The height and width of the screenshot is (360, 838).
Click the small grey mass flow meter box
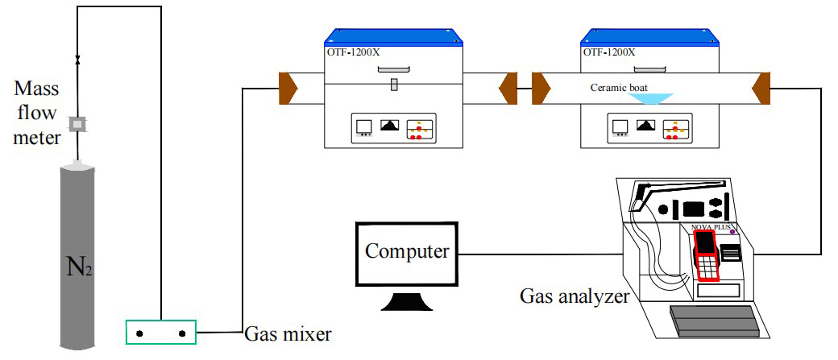pyautogui.click(x=78, y=124)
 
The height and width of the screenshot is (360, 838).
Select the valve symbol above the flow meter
pyautogui.click(x=78, y=61)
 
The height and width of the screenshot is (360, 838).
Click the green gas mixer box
pyautogui.click(x=161, y=332)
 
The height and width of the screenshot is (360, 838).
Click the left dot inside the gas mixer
pyautogui.click(x=139, y=332)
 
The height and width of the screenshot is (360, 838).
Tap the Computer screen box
pyautogui.click(x=407, y=252)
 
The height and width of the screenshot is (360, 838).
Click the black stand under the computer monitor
pyautogui.click(x=406, y=302)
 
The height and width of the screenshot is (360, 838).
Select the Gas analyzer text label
pyautogui.click(x=574, y=297)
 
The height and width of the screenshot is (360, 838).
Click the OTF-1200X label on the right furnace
pyautogui.click(x=608, y=52)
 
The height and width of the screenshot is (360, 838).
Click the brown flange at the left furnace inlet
pyautogui.click(x=288, y=87)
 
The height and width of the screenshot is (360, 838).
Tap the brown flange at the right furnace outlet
pyautogui.click(x=760, y=87)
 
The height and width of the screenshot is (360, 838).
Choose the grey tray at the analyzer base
pyautogui.click(x=713, y=322)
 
